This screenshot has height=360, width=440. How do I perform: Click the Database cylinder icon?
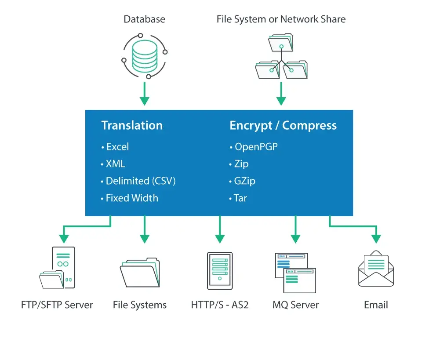click(144, 56)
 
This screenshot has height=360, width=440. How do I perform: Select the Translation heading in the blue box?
click(132, 125)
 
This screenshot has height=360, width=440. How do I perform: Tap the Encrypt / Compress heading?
click(283, 125)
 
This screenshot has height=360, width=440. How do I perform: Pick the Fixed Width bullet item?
click(131, 198)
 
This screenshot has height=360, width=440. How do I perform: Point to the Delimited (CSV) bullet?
click(140, 181)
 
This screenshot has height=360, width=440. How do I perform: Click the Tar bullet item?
click(240, 198)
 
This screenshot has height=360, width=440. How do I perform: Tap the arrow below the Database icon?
click(144, 94)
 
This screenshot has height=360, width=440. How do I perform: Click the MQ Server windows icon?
click(295, 273)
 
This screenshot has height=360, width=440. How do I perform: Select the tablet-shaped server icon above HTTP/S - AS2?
click(220, 271)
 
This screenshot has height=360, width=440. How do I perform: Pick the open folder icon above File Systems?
click(140, 273)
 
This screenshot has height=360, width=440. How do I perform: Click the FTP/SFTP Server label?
click(57, 305)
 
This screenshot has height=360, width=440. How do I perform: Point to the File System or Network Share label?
click(281, 19)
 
